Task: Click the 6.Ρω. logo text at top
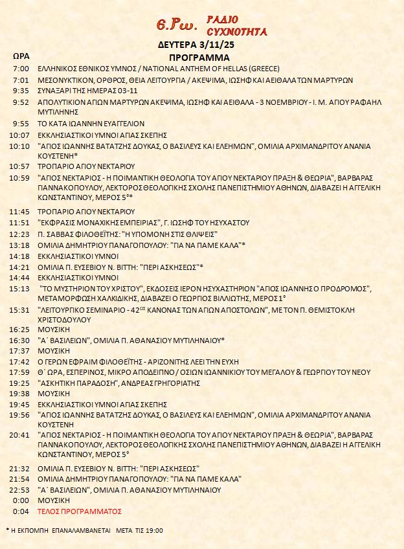pyautogui.click(x=177, y=25)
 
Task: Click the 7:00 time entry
pyautogui.click(x=21, y=69)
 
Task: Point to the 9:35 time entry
pyautogui.click(x=21, y=91)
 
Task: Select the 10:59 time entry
pyautogui.click(x=20, y=177)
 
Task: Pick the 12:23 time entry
pyautogui.click(x=20, y=234)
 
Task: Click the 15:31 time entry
pyautogui.click(x=20, y=310)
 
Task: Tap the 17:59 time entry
pyautogui.click(x=20, y=372)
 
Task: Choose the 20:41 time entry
pyautogui.click(x=20, y=435)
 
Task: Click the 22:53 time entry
pyautogui.click(x=20, y=490)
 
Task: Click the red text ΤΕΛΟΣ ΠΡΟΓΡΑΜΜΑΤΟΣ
pyautogui.click(x=80, y=511)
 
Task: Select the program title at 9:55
pyautogui.click(x=91, y=123)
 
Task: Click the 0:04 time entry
pyautogui.click(x=21, y=511)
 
